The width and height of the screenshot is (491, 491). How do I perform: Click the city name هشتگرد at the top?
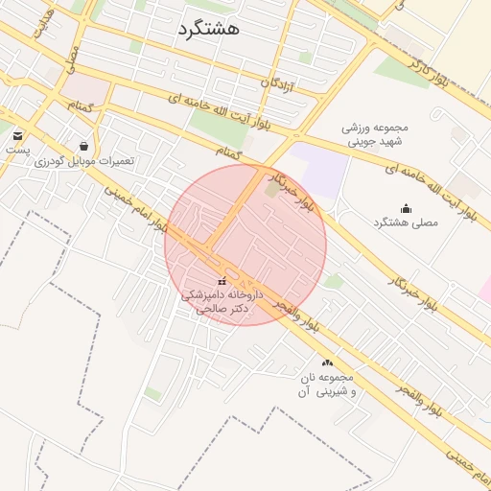(208, 30)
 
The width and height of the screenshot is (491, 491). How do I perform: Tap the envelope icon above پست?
(18, 135)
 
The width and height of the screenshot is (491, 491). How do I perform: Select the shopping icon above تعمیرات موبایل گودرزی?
(84, 146)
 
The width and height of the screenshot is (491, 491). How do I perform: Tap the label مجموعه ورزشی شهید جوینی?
(376, 134)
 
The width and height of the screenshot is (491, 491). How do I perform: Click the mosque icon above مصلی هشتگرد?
(405, 208)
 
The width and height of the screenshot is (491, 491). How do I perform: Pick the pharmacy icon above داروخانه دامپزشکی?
(222, 281)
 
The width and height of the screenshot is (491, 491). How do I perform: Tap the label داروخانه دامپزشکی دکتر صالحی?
(217, 302)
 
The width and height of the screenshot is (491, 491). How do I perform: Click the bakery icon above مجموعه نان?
(328, 362)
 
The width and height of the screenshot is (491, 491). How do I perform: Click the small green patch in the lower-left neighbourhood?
(152, 393)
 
